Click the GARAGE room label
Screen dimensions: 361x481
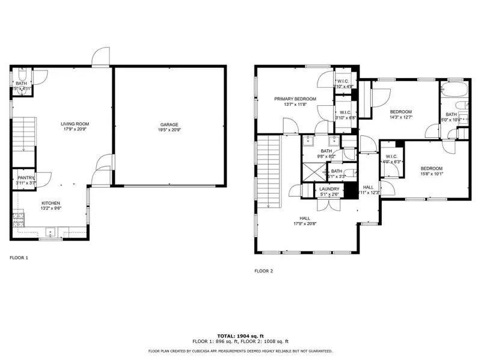pyautogui.click(x=170, y=124)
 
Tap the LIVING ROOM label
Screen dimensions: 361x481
pyautogui.click(x=75, y=124)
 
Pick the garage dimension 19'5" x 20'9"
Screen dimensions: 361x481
pyautogui.click(x=170, y=130)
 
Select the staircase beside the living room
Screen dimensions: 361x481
pyautogui.click(x=24, y=135)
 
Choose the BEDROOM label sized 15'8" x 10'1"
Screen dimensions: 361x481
pyautogui.click(x=431, y=168)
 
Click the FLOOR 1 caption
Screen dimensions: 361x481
pyautogui.click(x=19, y=258)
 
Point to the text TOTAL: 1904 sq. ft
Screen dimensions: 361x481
pyautogui.click(x=240, y=336)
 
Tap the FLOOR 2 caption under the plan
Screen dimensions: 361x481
pyautogui.click(x=263, y=271)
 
